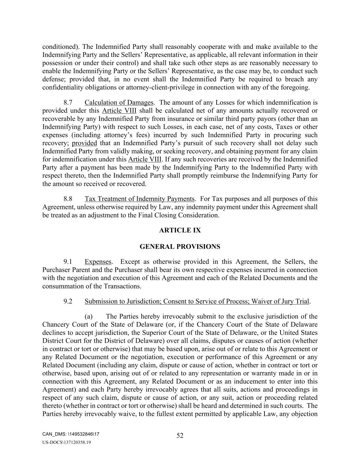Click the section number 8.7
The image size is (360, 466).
pyautogui.click(x=68, y=102)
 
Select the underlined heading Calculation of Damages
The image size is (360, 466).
pyautogui.click(x=119, y=102)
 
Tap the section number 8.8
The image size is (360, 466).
pyautogui.click(x=68, y=199)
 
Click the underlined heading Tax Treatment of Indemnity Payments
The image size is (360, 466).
pyautogui.click(x=140, y=199)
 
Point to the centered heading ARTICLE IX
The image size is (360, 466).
pyautogui.click(x=180, y=230)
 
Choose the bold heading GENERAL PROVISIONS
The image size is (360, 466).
pyautogui.click(x=180, y=246)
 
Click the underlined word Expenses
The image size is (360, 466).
pyautogui.click(x=98, y=262)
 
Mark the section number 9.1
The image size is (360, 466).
pyautogui.click(x=68, y=262)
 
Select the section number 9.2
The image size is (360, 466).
pyautogui.click(x=68, y=301)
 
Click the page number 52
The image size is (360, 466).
pyautogui.click(x=180, y=435)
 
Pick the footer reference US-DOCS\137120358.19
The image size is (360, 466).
pyautogui.click(x=67, y=442)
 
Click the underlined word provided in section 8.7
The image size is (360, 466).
pyautogui.click(x=84, y=143)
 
